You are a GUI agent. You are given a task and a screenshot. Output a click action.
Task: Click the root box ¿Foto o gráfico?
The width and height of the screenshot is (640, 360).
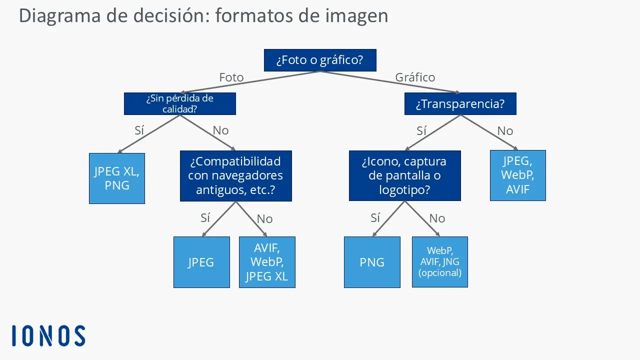pos(319,60)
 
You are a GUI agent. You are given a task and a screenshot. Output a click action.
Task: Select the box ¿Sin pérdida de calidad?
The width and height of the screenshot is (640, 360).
pos(179,103)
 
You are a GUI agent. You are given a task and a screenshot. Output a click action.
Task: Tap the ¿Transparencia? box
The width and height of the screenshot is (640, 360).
pos(460,104)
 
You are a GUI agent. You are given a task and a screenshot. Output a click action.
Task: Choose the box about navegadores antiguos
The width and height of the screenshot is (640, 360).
pos(235,176)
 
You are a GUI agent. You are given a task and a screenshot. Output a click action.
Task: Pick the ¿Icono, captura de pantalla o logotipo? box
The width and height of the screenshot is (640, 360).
pos(404,176)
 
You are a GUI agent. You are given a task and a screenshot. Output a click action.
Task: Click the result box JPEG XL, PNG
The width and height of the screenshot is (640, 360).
pos(117,178)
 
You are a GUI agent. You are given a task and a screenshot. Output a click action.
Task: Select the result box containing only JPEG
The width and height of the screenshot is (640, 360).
pos(201,262)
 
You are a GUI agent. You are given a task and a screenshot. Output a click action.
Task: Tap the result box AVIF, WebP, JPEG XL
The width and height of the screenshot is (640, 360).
pos(267,262)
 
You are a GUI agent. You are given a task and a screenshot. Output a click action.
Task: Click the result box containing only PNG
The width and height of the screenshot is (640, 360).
pos(372,262)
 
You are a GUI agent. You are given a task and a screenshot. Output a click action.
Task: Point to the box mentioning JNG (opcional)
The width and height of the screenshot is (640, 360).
pos(440,262)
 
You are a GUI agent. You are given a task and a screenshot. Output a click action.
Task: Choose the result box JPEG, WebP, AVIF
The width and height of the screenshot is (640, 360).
pos(517,175)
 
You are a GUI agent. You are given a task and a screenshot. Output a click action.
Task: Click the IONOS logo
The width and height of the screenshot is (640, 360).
pos(48,335)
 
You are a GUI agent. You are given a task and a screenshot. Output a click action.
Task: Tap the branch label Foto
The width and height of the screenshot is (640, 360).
pos(231,77)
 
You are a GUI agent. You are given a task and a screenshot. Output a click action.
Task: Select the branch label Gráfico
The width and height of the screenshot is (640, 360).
pos(415,77)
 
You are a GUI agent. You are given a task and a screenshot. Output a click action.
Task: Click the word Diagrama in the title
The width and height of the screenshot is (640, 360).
pos(59,15)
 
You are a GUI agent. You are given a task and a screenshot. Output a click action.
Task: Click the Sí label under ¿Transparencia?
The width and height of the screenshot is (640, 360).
pos(421,130)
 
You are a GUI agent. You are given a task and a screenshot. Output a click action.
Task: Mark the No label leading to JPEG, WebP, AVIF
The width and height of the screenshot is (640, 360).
pos(505,130)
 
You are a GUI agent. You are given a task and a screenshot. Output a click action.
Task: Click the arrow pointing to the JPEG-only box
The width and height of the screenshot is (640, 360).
pos(218,219)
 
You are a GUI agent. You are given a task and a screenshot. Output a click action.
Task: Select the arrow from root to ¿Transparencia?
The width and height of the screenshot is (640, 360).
pos(390,82)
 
